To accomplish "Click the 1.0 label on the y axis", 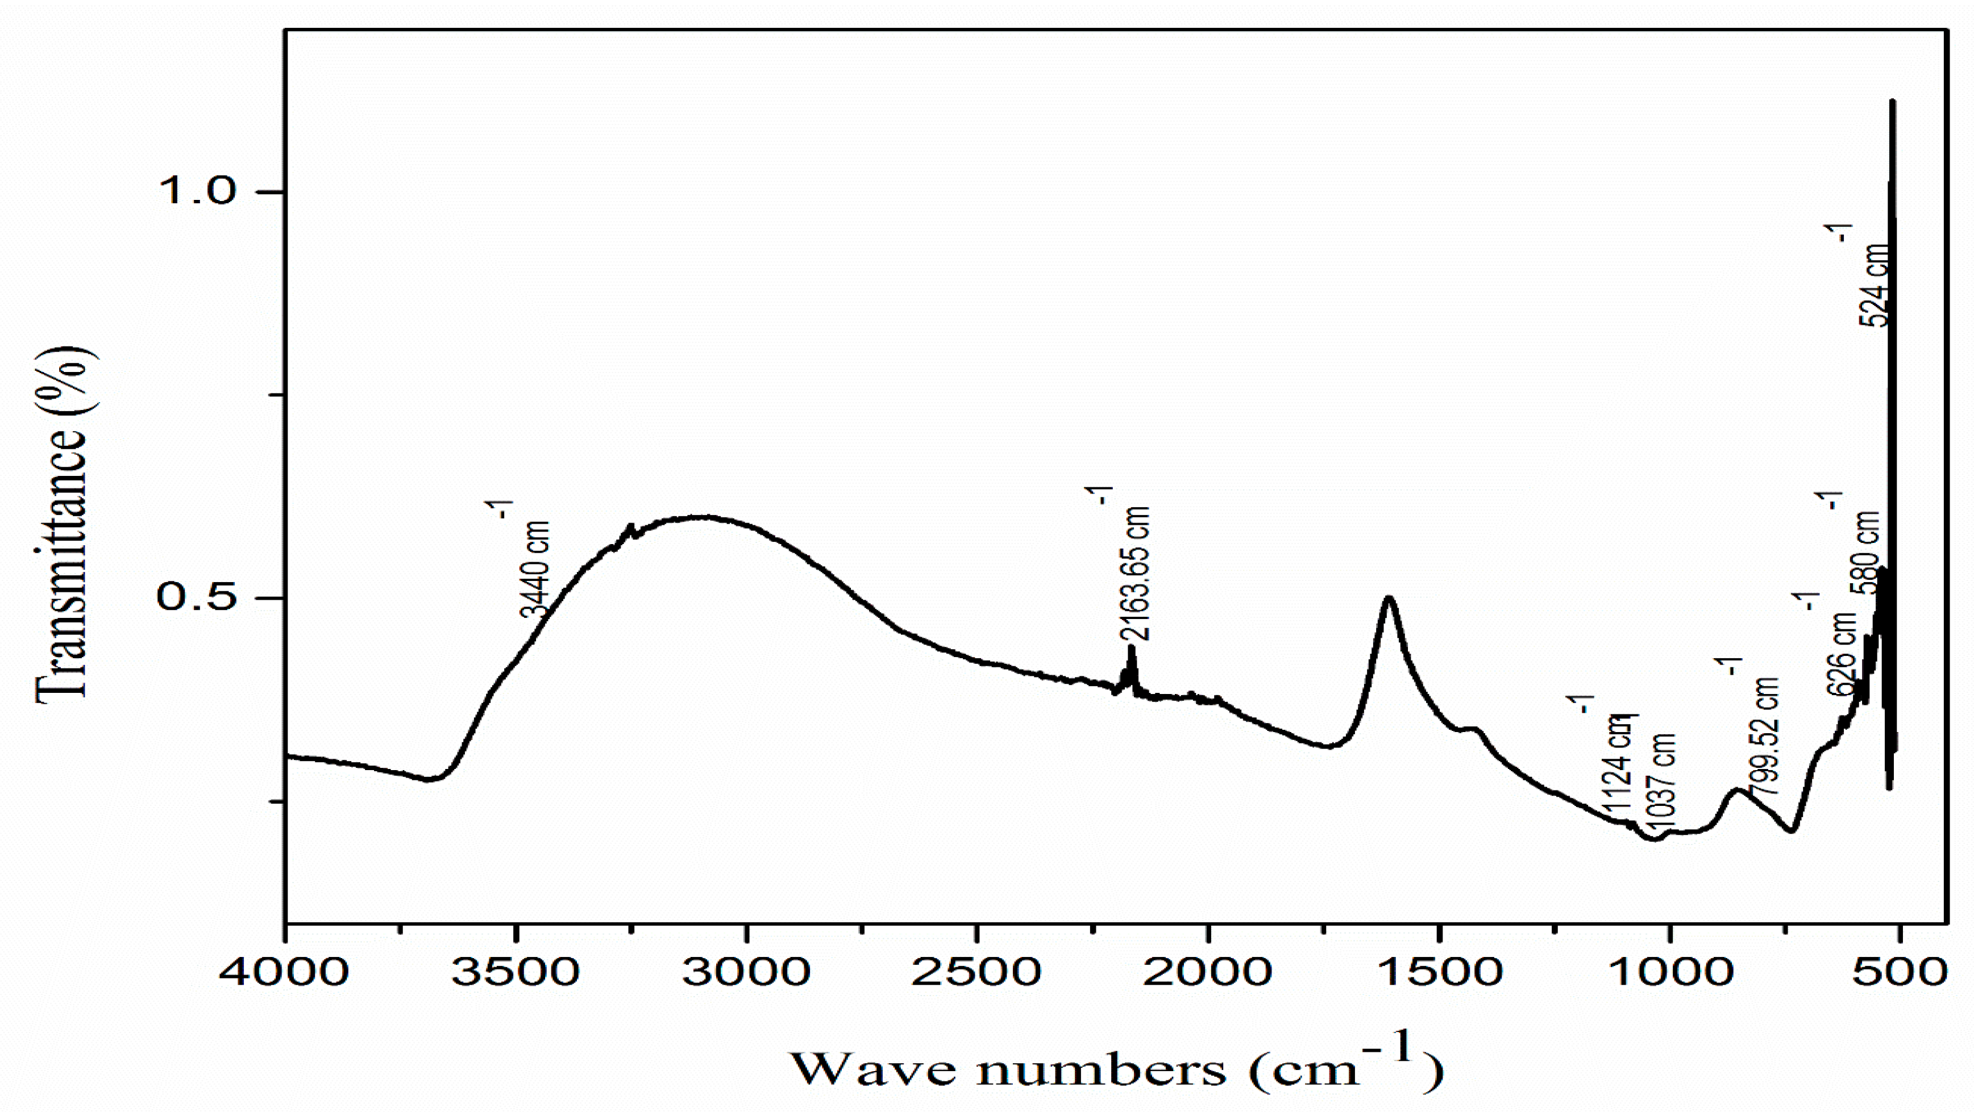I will tap(198, 191).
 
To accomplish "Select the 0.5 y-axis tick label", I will tap(198, 597).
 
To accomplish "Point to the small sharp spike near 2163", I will tap(1131, 648).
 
